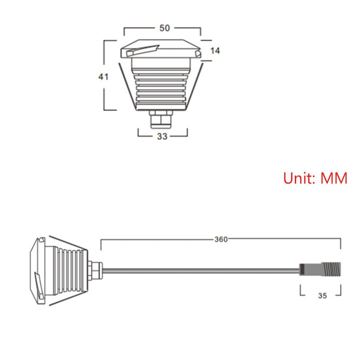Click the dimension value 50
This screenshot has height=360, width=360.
coord(164,28)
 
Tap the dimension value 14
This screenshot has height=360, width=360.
coord(215,51)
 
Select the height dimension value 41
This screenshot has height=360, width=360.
coord(104,76)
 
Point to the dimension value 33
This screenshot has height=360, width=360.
coord(162,136)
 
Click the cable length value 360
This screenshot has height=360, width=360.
coord(221,240)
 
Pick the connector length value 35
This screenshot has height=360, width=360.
coord(322,296)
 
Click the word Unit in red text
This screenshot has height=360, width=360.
coord(300,178)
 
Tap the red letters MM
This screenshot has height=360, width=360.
coord(334,178)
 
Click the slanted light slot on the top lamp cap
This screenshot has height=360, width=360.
coord(142,51)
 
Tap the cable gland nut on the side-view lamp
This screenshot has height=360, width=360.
coord(96,271)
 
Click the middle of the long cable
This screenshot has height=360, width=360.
coord(200,271)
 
